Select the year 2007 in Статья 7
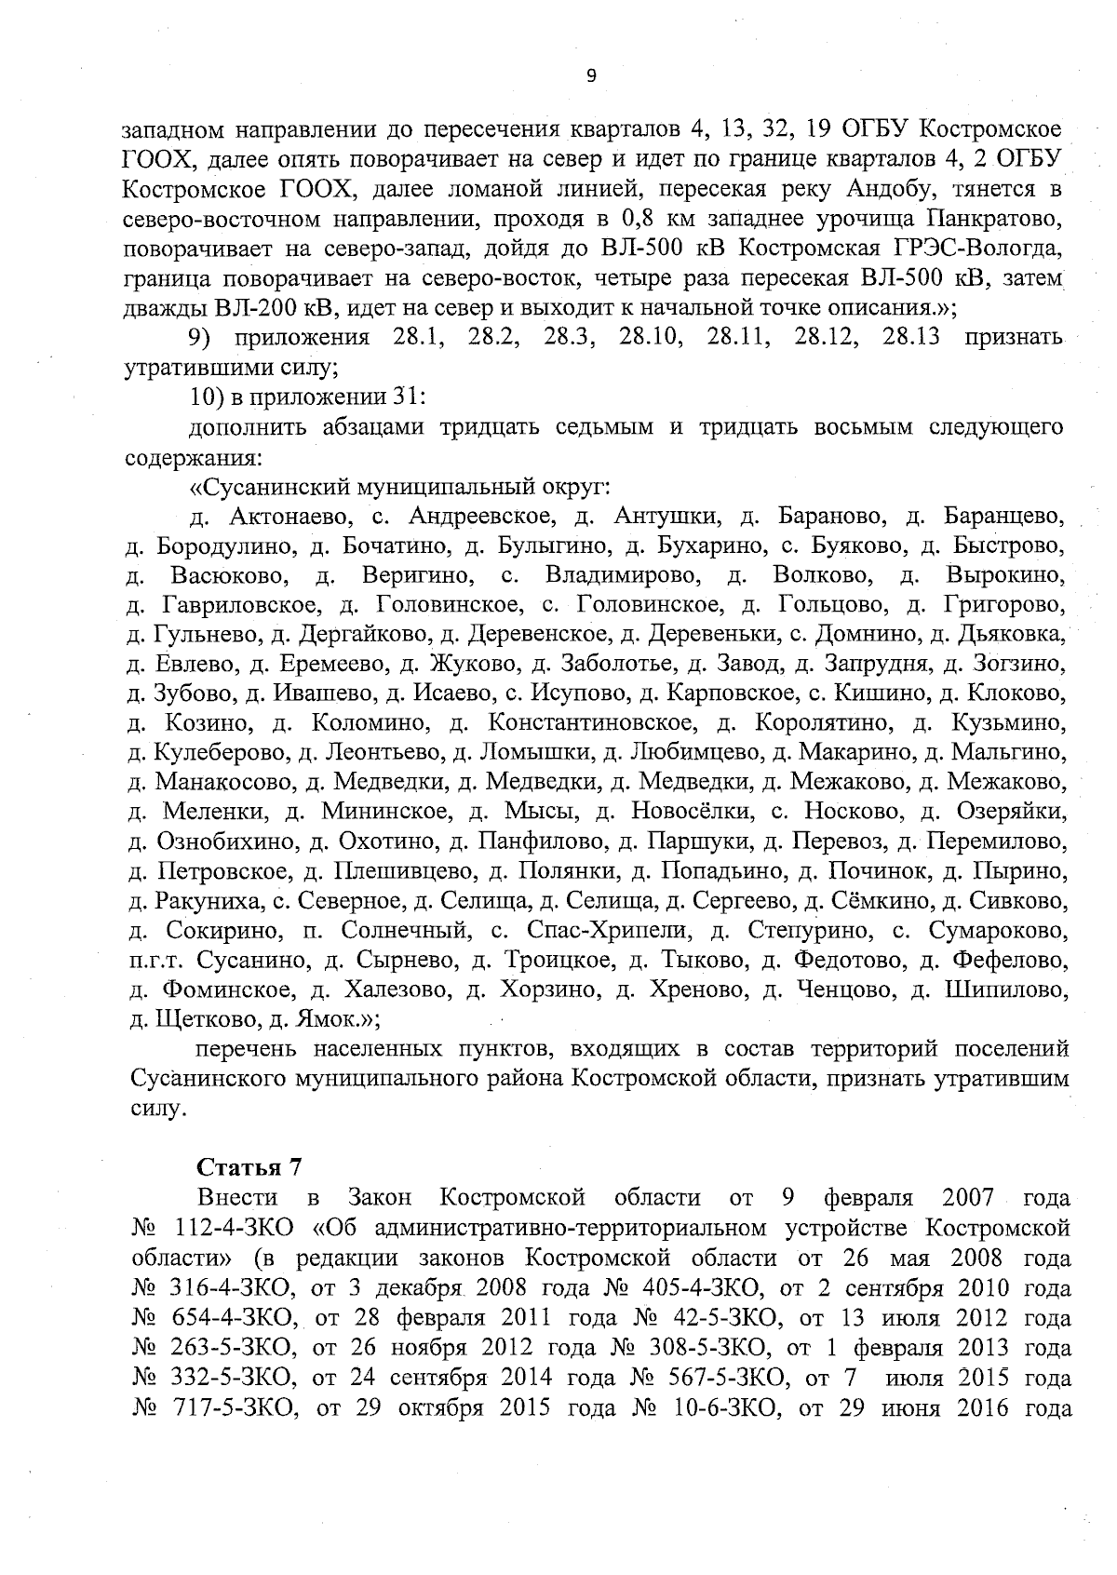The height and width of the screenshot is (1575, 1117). click(968, 1197)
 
